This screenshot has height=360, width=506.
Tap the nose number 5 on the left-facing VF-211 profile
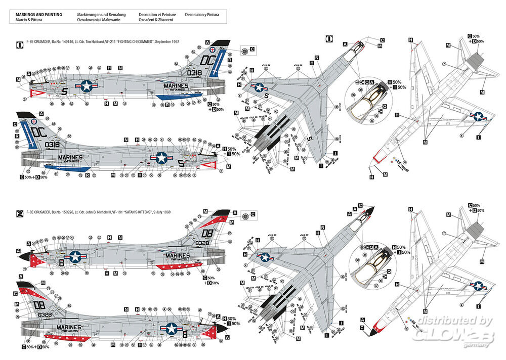point(64,92)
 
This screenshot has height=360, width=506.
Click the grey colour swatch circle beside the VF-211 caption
point(244,51)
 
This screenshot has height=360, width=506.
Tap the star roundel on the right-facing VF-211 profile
point(161,158)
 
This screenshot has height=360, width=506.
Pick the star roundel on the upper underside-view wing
point(477,117)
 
